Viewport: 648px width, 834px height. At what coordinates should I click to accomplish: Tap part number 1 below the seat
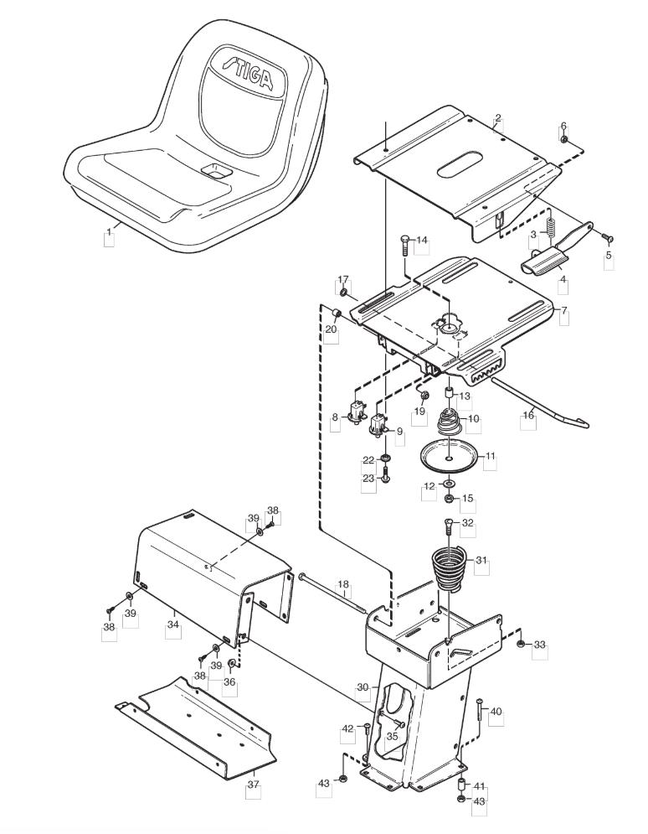tap(110, 232)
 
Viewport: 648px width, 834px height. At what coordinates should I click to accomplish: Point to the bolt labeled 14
tap(404, 244)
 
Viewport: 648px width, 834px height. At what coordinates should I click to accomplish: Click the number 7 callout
tap(564, 309)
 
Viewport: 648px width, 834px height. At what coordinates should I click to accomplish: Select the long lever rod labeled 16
tap(539, 402)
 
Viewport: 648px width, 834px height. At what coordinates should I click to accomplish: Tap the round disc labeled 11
tap(450, 456)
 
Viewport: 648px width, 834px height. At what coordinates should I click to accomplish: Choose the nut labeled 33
tap(521, 644)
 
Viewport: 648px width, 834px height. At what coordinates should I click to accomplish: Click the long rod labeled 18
tap(333, 593)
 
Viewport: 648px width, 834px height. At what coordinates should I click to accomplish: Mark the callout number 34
tap(173, 624)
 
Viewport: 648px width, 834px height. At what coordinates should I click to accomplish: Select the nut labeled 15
tap(448, 499)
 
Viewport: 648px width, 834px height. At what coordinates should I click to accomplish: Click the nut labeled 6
tap(564, 140)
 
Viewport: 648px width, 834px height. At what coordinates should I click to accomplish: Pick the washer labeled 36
tap(231, 663)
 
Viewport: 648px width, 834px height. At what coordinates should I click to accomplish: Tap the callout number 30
tap(363, 687)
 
